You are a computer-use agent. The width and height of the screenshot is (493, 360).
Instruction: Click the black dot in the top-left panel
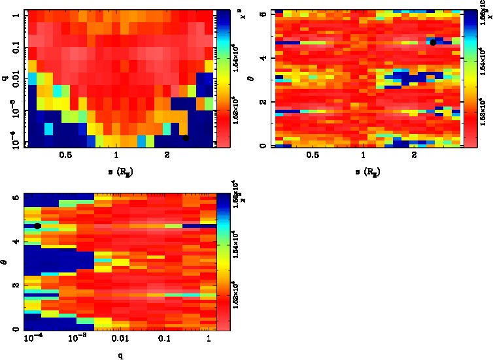[x=186, y=137]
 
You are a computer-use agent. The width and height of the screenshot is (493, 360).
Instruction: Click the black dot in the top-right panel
[x=433, y=42]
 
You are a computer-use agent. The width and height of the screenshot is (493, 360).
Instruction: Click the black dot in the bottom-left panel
[x=37, y=225]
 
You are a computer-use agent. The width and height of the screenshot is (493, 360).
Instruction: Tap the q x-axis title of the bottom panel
[x=121, y=356]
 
